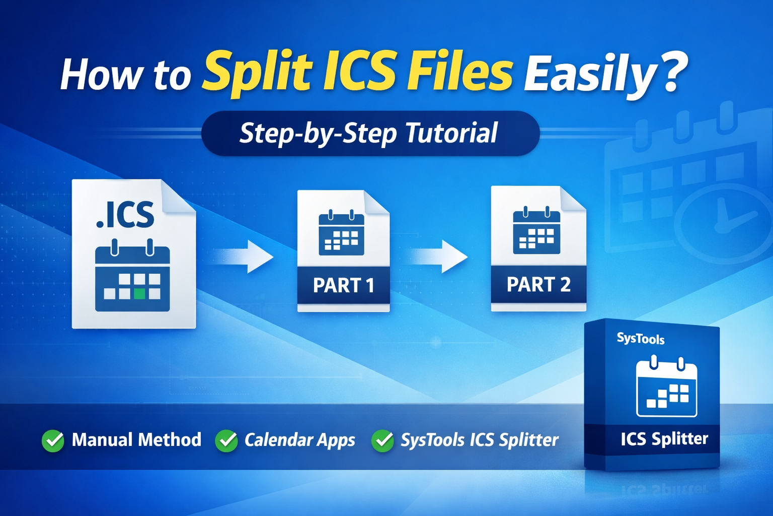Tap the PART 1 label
tap(344, 285)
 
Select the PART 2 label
tap(538, 284)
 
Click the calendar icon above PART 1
tap(341, 232)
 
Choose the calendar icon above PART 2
tap(536, 230)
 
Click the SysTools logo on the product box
tap(641, 338)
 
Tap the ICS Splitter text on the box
tap(664, 439)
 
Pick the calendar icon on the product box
tap(666, 386)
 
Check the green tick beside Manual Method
tap(53, 440)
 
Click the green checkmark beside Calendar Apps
tap(226, 440)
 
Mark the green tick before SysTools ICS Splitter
tap(382, 440)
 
